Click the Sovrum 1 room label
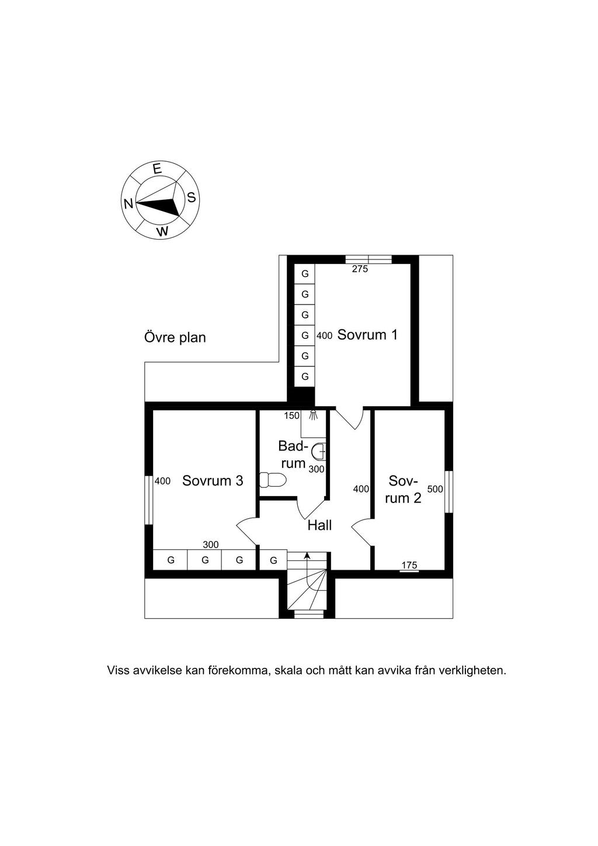click(367, 335)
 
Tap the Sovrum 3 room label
click(213, 480)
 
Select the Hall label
click(319, 525)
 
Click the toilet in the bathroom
click(273, 480)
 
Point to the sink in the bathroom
click(319, 451)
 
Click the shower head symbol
click(314, 416)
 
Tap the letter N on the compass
click(128, 204)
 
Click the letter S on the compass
click(192, 197)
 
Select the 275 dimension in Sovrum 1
click(360, 269)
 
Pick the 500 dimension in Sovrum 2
click(435, 489)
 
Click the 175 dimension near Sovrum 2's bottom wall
click(409, 565)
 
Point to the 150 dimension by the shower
click(292, 416)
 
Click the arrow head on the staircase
click(307, 555)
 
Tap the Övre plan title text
click(175, 337)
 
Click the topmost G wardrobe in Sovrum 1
click(305, 273)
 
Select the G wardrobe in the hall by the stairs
click(274, 560)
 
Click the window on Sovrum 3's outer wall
click(149, 500)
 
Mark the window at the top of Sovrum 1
click(368, 259)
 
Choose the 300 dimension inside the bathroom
click(317, 469)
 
